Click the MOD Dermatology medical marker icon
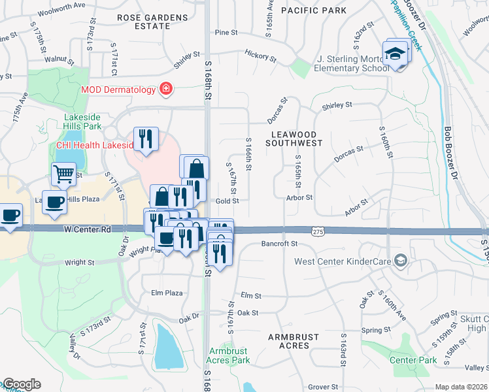165,89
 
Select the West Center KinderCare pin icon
401,261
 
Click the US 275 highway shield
318,232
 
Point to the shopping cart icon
63,174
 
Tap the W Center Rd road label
88,229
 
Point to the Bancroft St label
279,244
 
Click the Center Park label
413,360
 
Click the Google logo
21,384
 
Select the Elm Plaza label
167,293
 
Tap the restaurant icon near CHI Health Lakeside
146,139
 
